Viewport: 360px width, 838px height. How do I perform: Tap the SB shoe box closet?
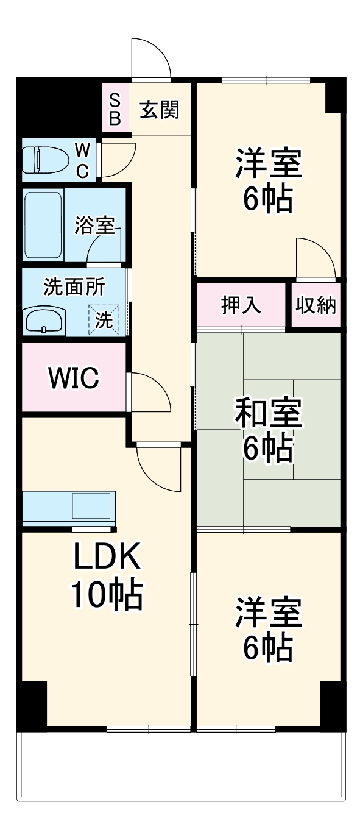pos(115,110)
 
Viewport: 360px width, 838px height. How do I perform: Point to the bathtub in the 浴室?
pos(43,224)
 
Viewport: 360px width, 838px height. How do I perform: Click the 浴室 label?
pos(94,225)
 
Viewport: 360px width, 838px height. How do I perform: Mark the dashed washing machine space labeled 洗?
pos(104,319)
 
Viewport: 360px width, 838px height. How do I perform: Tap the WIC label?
pos(74,378)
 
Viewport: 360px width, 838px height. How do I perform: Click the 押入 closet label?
pos(241,305)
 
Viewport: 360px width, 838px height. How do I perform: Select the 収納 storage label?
pos(316,305)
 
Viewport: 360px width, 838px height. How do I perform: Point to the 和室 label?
pos(268,414)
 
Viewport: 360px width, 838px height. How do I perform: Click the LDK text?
pos(107,556)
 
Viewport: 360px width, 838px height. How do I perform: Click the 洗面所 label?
pos(74,286)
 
